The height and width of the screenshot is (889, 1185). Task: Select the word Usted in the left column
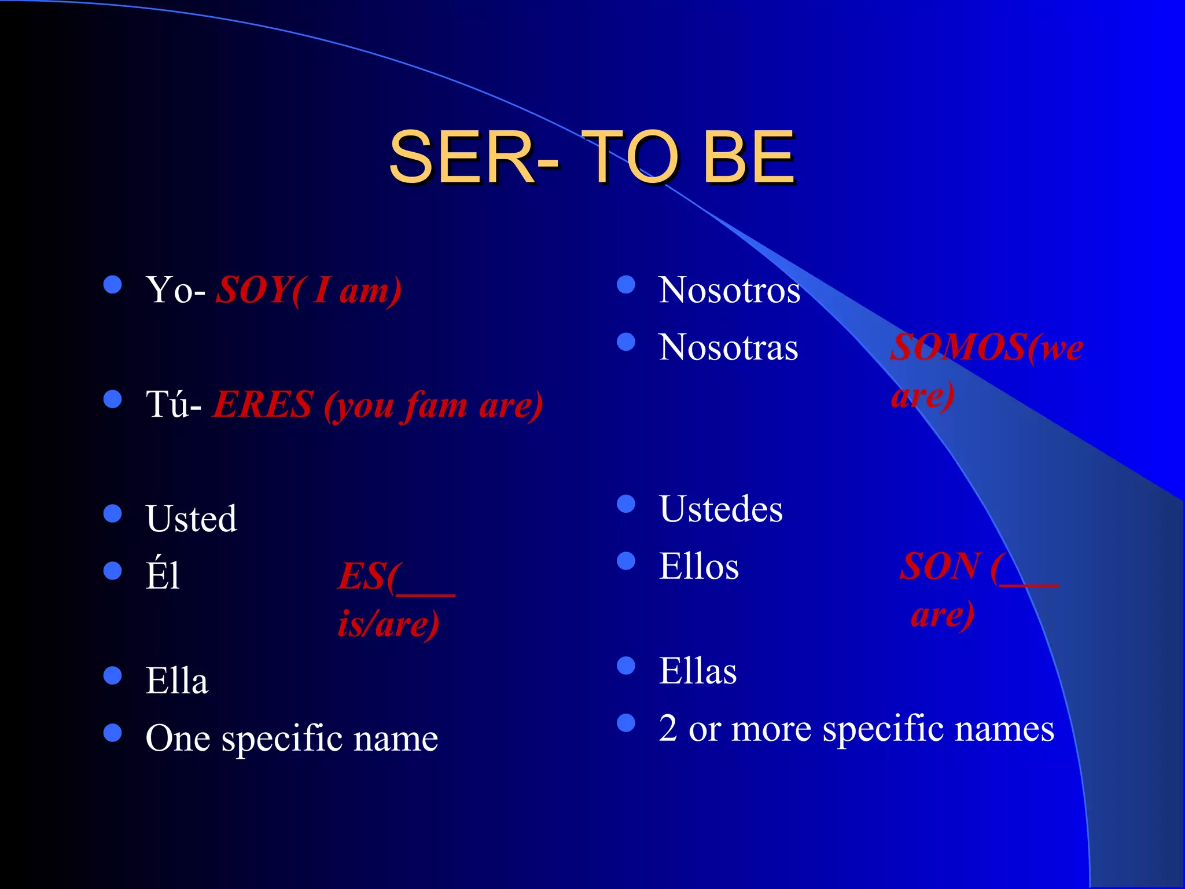pos(192,518)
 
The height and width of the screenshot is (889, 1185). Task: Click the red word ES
pos(362,576)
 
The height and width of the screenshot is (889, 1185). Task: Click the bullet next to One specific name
pos(112,733)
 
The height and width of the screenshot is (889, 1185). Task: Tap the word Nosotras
pos(728,347)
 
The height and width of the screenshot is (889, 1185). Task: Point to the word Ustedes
pos(720,509)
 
